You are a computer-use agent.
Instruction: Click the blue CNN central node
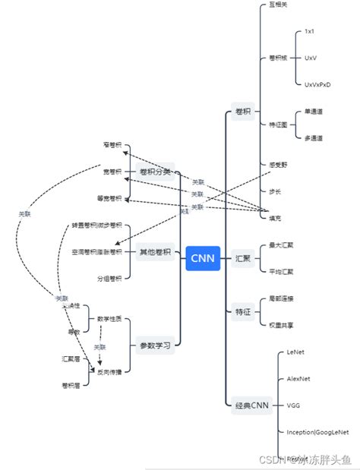point(202,258)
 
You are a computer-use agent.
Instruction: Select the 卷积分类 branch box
point(155,172)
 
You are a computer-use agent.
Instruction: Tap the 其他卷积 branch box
point(155,252)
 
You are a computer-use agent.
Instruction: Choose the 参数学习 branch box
point(155,345)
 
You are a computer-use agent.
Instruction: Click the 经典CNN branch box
point(251,405)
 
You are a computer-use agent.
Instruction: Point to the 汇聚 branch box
point(243,258)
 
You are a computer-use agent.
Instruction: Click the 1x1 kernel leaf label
point(309,32)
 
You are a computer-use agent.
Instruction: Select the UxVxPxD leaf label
point(317,84)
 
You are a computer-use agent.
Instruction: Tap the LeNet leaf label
point(295,353)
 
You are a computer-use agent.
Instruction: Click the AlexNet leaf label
point(298,379)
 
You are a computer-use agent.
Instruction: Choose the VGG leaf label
point(293,405)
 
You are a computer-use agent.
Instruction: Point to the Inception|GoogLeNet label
point(317,432)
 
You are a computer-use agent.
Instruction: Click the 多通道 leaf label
point(313,138)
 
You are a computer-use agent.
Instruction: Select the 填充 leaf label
point(276,218)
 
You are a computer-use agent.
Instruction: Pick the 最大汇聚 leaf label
point(281,245)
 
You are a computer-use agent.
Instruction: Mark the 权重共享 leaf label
point(281,325)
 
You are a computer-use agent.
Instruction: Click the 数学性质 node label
point(115,318)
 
